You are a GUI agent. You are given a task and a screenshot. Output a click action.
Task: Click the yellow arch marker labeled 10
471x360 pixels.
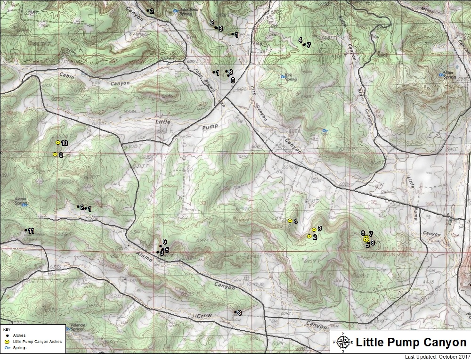click(x=58, y=142)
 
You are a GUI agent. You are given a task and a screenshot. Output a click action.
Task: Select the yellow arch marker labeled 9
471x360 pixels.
click(x=55, y=154)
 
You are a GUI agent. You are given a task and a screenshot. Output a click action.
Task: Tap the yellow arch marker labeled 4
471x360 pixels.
click(x=290, y=221)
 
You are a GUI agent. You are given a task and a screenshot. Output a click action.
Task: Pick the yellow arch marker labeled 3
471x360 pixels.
click(x=314, y=229)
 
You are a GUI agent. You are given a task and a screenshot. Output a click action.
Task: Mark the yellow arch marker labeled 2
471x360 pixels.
click(x=309, y=236)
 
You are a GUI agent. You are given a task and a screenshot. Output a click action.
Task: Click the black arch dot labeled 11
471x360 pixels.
click(x=26, y=230)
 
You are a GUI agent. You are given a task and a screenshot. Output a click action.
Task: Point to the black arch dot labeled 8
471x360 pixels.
click(x=235, y=312)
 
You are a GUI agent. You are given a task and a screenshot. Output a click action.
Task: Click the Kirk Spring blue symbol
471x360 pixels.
click(x=283, y=76)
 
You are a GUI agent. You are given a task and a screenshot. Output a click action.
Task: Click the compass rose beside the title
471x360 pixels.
click(x=343, y=343)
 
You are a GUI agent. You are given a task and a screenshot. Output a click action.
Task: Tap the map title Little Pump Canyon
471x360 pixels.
click(x=411, y=343)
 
